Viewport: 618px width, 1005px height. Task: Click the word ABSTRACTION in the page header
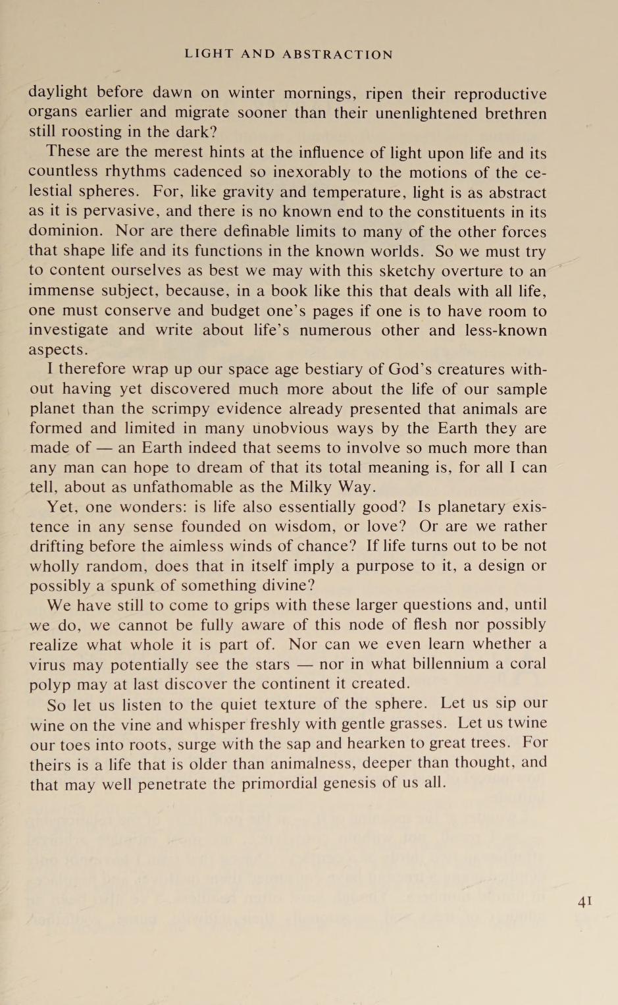point(338,55)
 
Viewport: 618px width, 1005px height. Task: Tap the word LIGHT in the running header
point(209,55)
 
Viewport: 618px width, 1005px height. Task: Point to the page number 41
point(584,902)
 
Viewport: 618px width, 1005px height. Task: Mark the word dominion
point(65,231)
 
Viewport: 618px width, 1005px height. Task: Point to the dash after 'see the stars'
point(304,665)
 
